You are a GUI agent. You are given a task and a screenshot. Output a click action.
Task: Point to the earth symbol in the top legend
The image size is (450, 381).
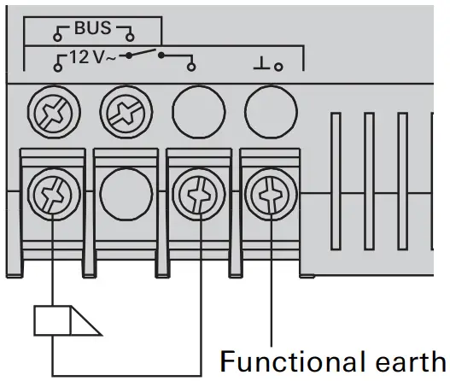(x=262, y=62)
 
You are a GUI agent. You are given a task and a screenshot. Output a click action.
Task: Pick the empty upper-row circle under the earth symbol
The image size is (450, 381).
(x=270, y=110)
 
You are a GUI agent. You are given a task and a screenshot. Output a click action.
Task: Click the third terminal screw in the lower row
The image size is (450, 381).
(x=202, y=192)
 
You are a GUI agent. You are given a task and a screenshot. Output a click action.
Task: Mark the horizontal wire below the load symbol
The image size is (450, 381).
(x=128, y=374)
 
